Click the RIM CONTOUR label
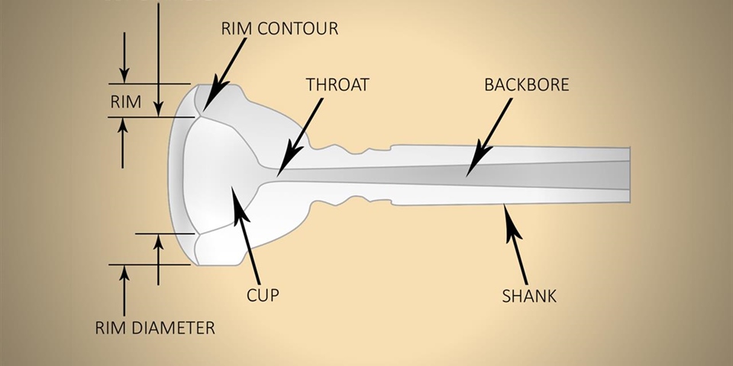(x=279, y=29)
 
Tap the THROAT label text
(x=337, y=85)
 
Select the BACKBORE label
(x=526, y=85)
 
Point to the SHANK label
(x=530, y=295)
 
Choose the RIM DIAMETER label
(x=154, y=329)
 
